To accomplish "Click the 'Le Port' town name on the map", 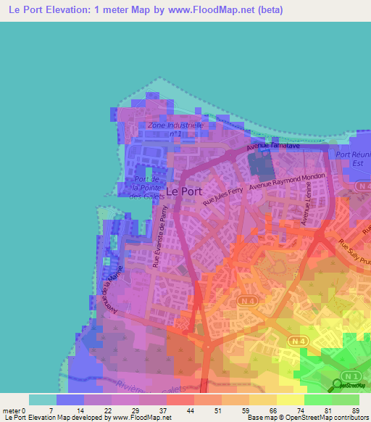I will [184, 191].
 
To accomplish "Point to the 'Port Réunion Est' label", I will [353, 159].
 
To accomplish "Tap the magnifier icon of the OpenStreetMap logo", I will [339, 384].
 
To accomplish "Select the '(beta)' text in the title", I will [267, 10].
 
